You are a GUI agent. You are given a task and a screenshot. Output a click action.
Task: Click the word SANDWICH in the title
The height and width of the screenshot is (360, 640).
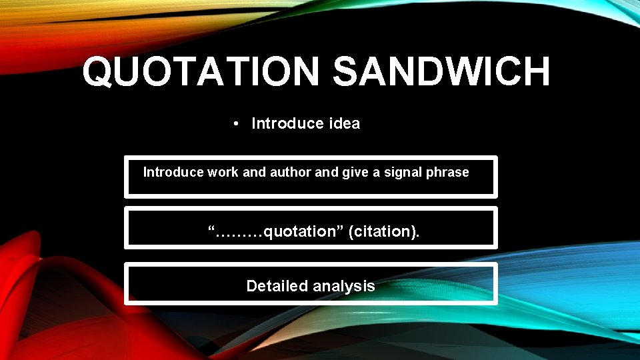tap(441, 72)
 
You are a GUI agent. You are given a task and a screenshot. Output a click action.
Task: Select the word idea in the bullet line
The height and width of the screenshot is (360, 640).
tap(345, 123)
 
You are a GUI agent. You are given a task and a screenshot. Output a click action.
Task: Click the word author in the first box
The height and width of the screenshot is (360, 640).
tap(290, 172)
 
